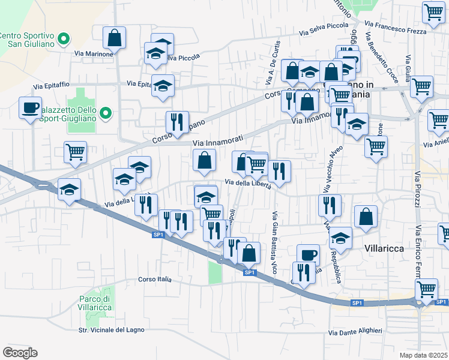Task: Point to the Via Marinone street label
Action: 94,54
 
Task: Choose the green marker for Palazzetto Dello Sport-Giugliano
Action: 106,112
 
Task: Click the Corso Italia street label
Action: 155,280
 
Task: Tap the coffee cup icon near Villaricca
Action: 309,255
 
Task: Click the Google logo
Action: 20,352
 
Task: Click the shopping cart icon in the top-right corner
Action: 433,12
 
